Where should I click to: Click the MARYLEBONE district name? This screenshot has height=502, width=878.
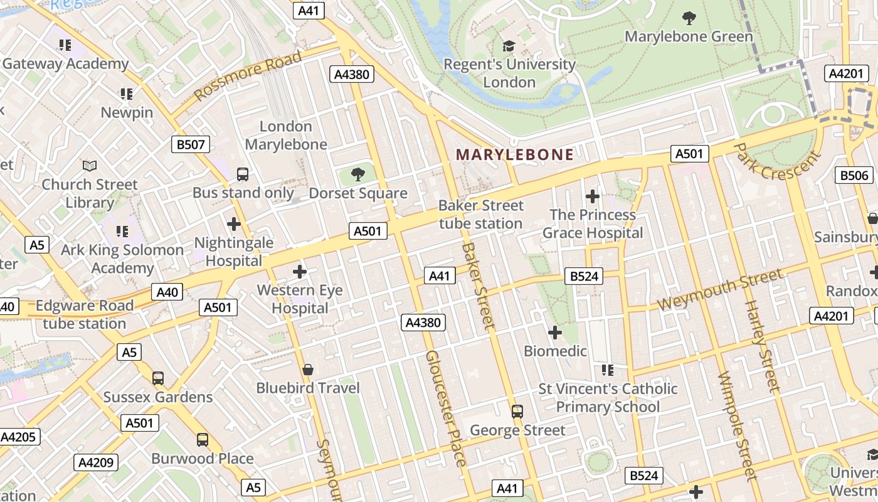point(514,154)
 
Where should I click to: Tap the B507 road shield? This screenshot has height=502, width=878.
point(190,145)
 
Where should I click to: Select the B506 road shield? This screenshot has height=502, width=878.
point(854,175)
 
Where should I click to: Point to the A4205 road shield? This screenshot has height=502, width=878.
point(19,437)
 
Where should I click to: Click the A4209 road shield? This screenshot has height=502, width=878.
point(96,463)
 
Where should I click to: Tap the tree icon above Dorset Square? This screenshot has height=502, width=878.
point(358,174)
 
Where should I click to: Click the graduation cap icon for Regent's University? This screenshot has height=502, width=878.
point(509,46)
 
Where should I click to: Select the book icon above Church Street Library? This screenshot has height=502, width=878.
point(90,166)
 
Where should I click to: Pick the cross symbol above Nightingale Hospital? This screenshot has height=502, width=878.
point(234,223)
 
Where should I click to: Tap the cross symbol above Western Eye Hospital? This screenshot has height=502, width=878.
point(300,272)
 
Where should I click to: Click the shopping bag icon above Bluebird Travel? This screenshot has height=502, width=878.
point(308,369)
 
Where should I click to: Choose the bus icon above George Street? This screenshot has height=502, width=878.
point(517,411)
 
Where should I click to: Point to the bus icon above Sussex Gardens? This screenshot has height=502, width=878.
point(158,378)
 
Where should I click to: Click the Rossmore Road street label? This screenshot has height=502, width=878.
point(248,76)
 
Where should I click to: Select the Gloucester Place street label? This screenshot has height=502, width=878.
point(446,409)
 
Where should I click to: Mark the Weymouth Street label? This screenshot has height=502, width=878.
point(720,289)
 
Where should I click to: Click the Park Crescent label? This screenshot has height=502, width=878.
point(777,161)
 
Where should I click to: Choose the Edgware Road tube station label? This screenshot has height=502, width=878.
point(85,314)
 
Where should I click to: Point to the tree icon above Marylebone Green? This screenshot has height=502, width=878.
point(689,18)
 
